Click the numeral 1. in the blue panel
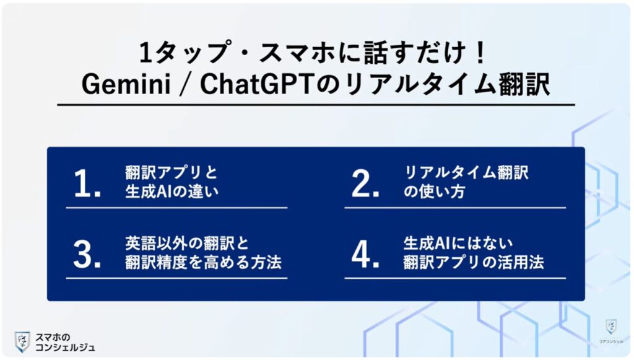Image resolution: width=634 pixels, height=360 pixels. click(87, 185)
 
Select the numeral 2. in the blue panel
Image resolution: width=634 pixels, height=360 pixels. click(365, 185)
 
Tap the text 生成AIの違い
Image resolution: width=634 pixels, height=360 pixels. click(171, 192)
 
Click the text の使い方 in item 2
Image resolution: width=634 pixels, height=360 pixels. click(433, 192)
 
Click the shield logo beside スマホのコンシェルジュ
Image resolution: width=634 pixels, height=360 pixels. click(22, 341)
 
